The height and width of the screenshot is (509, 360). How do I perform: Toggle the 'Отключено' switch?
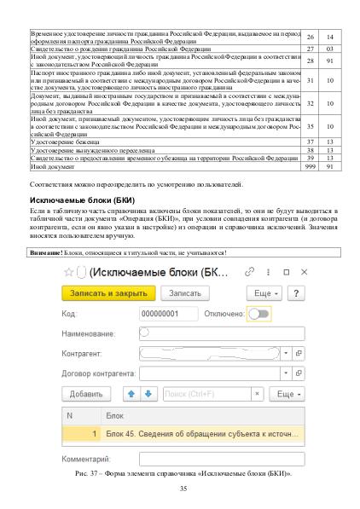[257, 313]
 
